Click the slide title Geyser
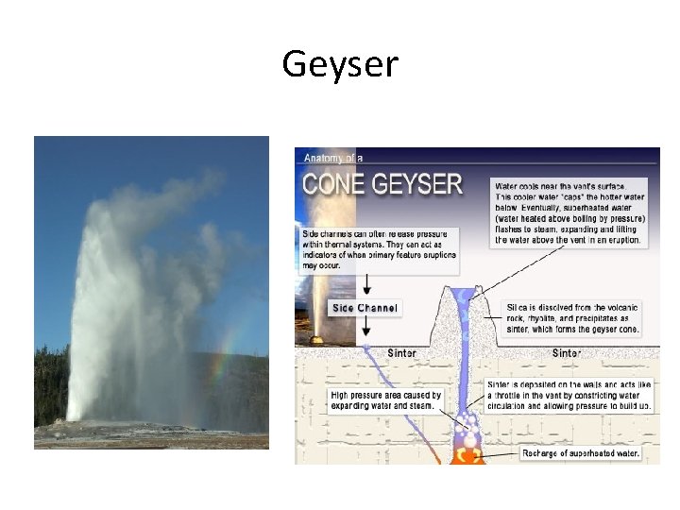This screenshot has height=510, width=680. coord(340,64)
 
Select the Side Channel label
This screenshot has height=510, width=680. coord(365,308)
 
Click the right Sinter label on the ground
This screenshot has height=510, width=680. coord(566,352)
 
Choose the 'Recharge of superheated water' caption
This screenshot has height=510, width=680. coord(580,453)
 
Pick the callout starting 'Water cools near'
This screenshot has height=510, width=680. coord(569,212)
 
